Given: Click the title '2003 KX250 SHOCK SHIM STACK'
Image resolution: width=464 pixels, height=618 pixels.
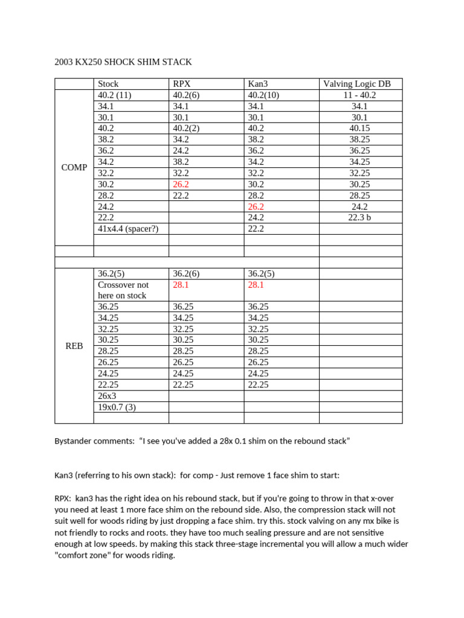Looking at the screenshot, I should point(123,62).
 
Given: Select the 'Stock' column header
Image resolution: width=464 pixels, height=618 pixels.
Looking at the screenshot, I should point(108,84).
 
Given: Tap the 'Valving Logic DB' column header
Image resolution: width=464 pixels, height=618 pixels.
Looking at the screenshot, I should point(360,84).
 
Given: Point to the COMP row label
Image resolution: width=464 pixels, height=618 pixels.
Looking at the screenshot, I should point(74,167).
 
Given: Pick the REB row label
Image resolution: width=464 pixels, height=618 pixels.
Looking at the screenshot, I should point(74,346).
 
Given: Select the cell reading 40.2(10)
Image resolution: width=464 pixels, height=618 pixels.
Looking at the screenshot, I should point(263,95).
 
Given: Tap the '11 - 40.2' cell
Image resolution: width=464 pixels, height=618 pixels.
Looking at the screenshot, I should point(360,95).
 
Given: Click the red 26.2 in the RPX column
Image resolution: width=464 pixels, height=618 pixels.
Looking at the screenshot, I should point(181,184).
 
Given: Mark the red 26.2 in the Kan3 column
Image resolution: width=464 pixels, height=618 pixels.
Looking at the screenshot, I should point(256,206).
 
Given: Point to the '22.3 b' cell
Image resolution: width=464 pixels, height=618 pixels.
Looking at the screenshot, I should point(360,217).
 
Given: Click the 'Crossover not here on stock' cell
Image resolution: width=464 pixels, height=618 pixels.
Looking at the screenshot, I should point(123,290).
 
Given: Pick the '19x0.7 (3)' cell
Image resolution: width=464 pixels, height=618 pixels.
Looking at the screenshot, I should point(117,407).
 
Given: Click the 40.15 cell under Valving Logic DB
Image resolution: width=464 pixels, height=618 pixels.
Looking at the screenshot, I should point(360,128).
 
